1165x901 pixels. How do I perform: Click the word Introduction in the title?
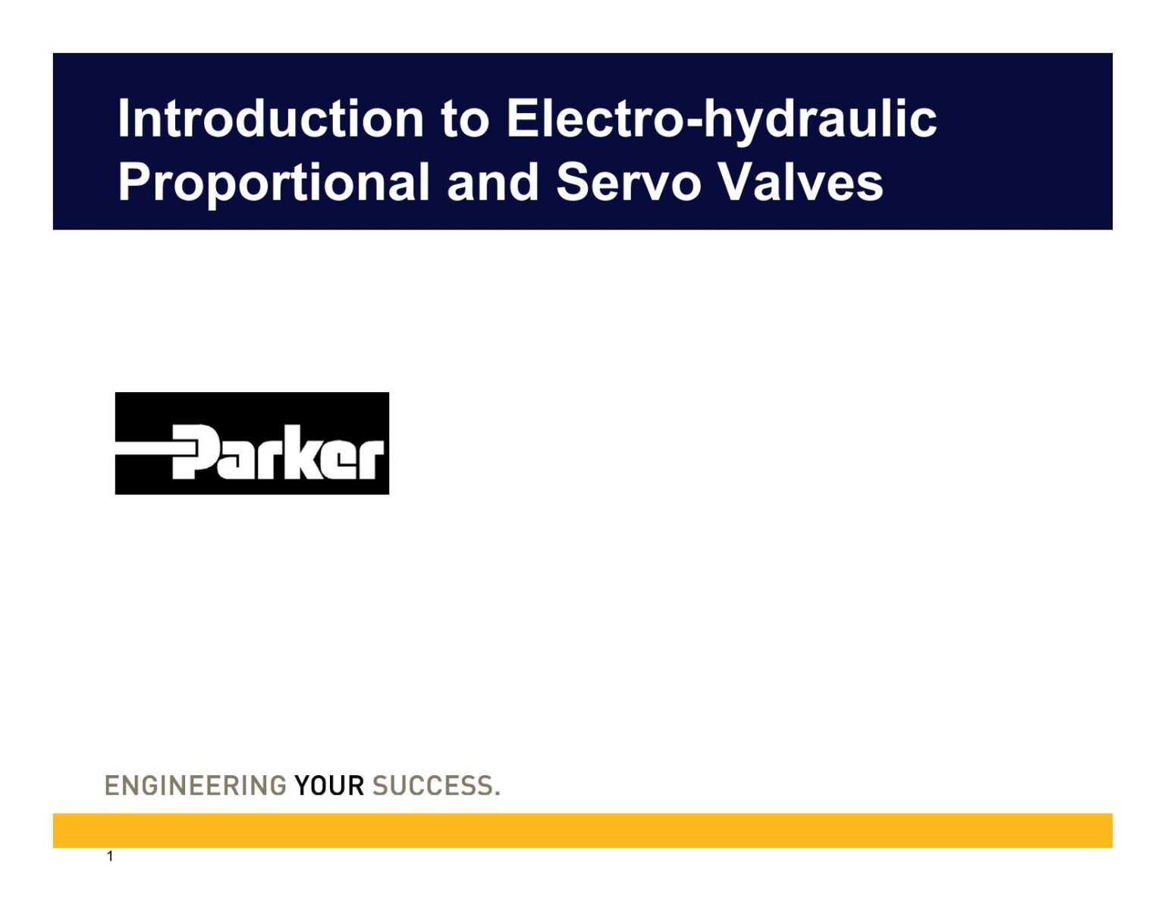[x=270, y=119]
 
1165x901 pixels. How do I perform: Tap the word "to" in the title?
[x=464, y=119]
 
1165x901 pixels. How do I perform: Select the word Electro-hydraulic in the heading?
[x=721, y=119]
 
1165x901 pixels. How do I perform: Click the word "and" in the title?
[x=492, y=183]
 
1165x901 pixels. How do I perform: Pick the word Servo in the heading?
[x=627, y=183]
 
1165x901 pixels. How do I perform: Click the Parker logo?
[x=252, y=443]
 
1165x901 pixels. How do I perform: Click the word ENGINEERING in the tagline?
[x=195, y=786]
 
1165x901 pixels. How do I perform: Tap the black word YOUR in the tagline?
[x=329, y=786]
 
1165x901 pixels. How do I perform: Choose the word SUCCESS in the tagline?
[x=432, y=786]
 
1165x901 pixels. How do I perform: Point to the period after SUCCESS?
[x=498, y=793]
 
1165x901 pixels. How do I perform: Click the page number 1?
[x=110, y=857]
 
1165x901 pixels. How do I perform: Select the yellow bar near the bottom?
[x=582, y=830]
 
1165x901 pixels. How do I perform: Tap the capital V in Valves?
[x=733, y=183]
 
